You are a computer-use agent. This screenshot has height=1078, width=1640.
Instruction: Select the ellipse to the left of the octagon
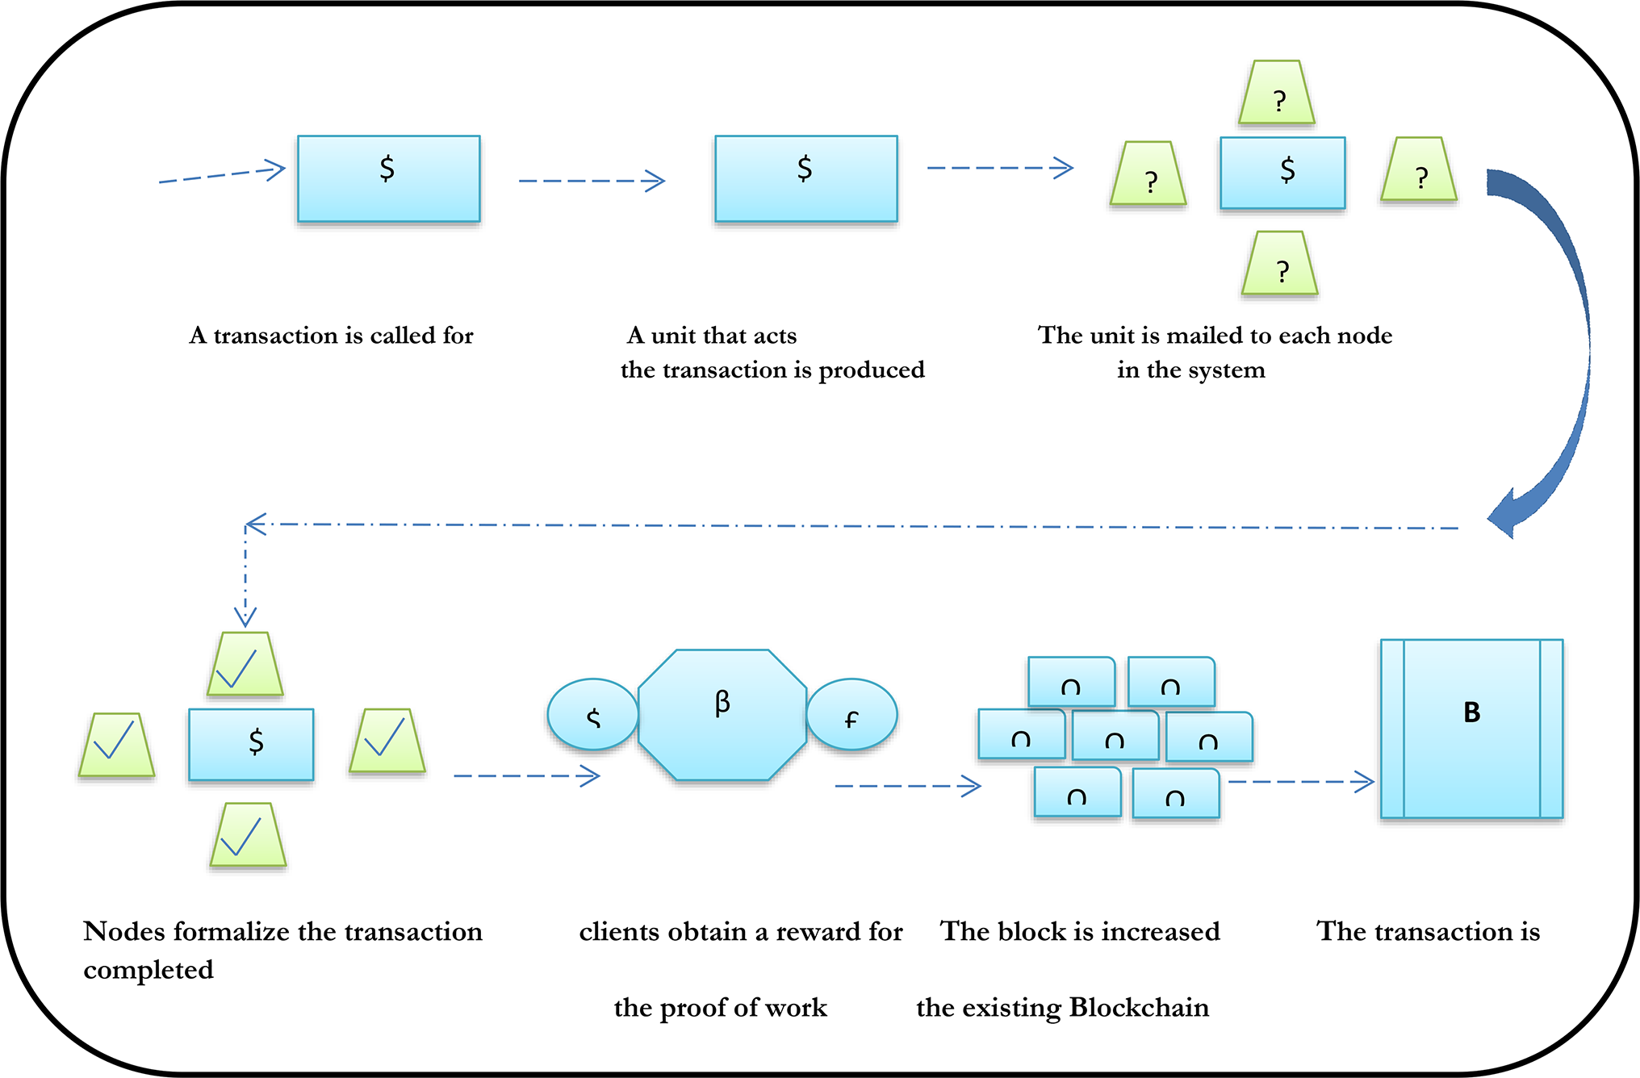coord(592,715)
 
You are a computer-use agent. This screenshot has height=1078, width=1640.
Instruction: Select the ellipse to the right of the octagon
coord(852,715)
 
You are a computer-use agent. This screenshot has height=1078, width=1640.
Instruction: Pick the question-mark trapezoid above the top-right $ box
coord(1277,94)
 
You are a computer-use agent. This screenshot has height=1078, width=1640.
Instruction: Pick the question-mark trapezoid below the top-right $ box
coord(1280,265)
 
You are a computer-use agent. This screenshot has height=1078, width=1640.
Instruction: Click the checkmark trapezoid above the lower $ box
coord(245,665)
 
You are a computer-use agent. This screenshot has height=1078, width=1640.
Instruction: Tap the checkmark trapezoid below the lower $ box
coord(248,836)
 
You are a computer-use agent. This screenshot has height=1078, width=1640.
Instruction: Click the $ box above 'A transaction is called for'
coord(388,179)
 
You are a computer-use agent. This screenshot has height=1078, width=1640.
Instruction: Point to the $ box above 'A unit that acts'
coord(805,179)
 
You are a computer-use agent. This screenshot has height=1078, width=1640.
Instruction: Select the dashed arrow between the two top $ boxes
coord(592,181)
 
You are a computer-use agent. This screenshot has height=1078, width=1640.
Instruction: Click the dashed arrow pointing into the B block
coord(1301,782)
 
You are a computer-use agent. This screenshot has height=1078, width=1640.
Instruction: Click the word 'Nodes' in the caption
coord(123,932)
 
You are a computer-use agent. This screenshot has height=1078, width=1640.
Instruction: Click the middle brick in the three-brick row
coord(1115,737)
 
